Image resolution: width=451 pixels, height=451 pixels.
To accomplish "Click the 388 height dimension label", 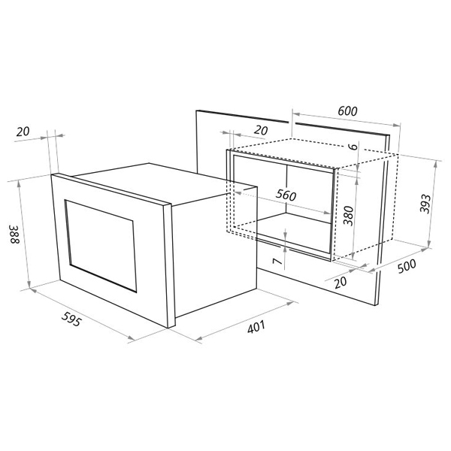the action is pyautogui.click(x=14, y=234).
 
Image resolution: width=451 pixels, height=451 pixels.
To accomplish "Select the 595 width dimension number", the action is pyautogui.click(x=71, y=319).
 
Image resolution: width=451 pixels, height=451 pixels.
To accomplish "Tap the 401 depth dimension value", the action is pyautogui.click(x=256, y=327).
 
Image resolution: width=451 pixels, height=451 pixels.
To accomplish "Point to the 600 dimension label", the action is pyautogui.click(x=347, y=111).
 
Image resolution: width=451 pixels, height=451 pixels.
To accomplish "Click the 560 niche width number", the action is pyautogui.click(x=286, y=195).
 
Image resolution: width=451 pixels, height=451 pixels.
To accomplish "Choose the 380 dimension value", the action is pyautogui.click(x=348, y=216).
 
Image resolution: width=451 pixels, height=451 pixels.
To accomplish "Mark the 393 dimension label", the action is pyautogui.click(x=425, y=204).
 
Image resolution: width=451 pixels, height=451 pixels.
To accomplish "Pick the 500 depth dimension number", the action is pyautogui.click(x=407, y=266).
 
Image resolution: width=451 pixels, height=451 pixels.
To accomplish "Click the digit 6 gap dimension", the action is pyautogui.click(x=353, y=146).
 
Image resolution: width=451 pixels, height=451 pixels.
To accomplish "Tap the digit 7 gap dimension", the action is pyautogui.click(x=277, y=261).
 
